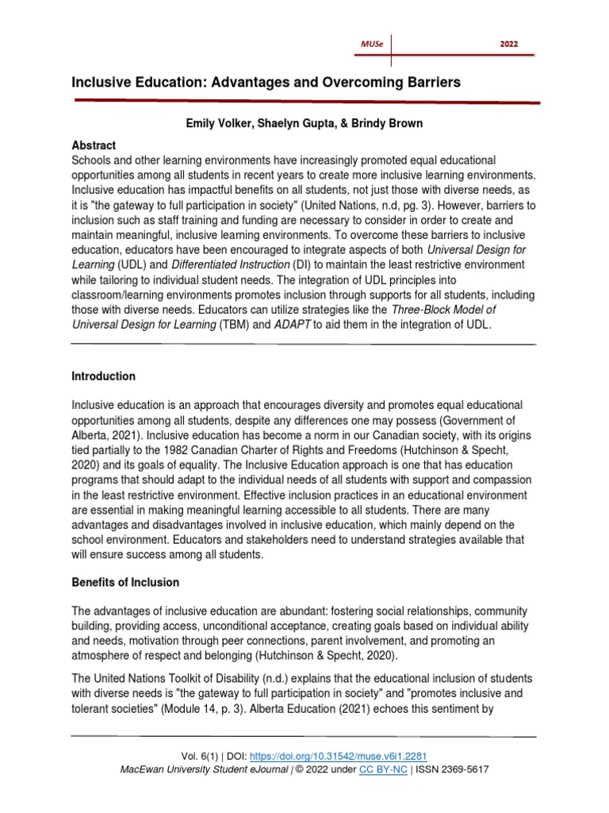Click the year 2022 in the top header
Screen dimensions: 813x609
click(509, 44)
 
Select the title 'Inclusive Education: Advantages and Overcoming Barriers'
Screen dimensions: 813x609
click(266, 83)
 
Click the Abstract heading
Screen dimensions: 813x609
click(94, 145)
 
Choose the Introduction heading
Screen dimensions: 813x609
click(103, 376)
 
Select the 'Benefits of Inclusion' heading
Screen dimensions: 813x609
click(125, 582)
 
